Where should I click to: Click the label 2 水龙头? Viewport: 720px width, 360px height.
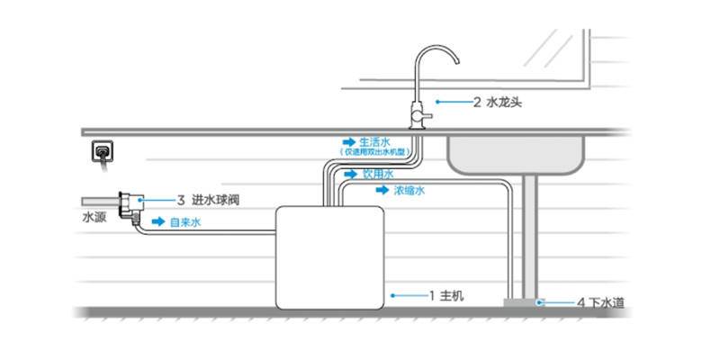[x=497, y=103]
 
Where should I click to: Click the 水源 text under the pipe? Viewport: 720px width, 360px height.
[x=94, y=217]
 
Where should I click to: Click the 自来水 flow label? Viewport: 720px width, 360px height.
[x=184, y=220]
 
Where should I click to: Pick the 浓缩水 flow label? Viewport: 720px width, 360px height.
[x=409, y=191]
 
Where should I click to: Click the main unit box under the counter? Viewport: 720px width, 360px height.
[x=328, y=256]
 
